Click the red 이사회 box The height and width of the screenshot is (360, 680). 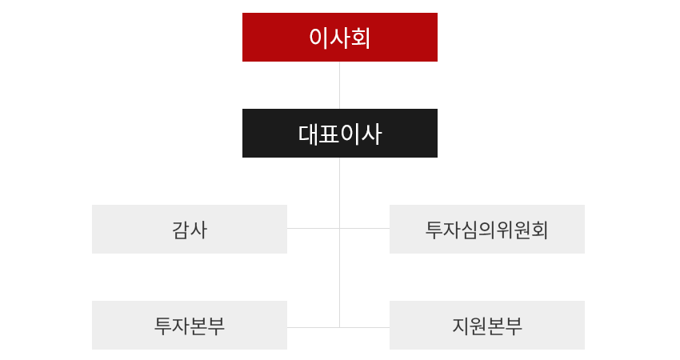pos(339,38)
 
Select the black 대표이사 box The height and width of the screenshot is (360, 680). pos(339,134)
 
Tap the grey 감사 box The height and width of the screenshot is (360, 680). pos(190,230)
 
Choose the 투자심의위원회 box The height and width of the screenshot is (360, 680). pos(486,230)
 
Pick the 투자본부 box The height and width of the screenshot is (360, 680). pos(190,326)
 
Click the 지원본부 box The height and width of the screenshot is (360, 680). pos(486,326)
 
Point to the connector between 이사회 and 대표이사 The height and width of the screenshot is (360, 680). pos(340,85)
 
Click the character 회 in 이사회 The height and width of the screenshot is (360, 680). pos(361,38)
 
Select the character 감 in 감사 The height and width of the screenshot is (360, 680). pos(181,230)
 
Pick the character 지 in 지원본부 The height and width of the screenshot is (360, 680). pos(460,326)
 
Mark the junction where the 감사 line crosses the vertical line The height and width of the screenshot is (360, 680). pos(340,228)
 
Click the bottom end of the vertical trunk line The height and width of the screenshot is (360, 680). pos(340,326)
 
